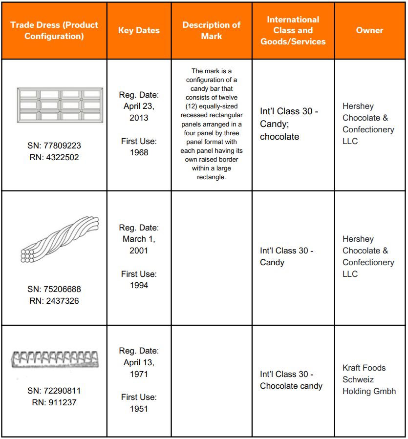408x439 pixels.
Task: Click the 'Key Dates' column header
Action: pyautogui.click(x=139, y=30)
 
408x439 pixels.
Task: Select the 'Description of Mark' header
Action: pyautogui.click(x=211, y=30)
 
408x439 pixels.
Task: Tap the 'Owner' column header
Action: pyautogui.click(x=369, y=30)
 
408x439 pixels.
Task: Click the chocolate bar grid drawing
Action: pyautogui.click(x=60, y=105)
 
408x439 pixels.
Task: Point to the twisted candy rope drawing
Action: pyautogui.click(x=60, y=239)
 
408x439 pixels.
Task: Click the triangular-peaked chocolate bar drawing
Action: pyautogui.click(x=55, y=359)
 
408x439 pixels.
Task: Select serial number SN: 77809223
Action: pyautogui.click(x=54, y=146)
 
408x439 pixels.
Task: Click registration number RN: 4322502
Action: pyautogui.click(x=54, y=157)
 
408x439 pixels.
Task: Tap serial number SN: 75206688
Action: pyautogui.click(x=54, y=289)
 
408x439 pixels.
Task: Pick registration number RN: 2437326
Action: pyautogui.click(x=54, y=301)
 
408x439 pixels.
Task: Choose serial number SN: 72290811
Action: pyautogui.click(x=54, y=391)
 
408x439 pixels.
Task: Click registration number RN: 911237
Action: pyautogui.click(x=54, y=402)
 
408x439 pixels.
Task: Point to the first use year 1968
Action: pyautogui.click(x=139, y=152)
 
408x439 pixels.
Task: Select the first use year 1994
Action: pyautogui.click(x=139, y=285)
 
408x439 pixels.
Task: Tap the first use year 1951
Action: pyautogui.click(x=139, y=409)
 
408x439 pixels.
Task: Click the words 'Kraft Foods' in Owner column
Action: pyautogui.click(x=364, y=368)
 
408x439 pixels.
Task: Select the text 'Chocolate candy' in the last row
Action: pyautogui.click(x=291, y=386)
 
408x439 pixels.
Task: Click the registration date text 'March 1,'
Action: pyautogui.click(x=139, y=239)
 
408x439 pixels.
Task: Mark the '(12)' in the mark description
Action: pyautogui.click(x=192, y=106)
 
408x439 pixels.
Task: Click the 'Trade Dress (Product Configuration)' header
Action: pyautogui.click(x=54, y=30)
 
